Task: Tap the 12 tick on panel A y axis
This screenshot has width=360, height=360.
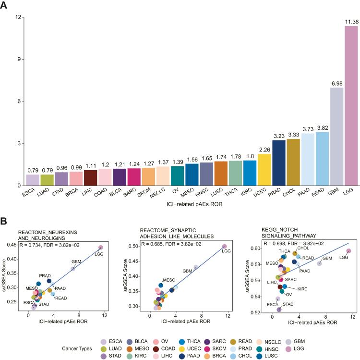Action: tap(18, 17)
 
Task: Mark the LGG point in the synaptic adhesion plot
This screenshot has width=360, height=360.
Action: tap(224, 246)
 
